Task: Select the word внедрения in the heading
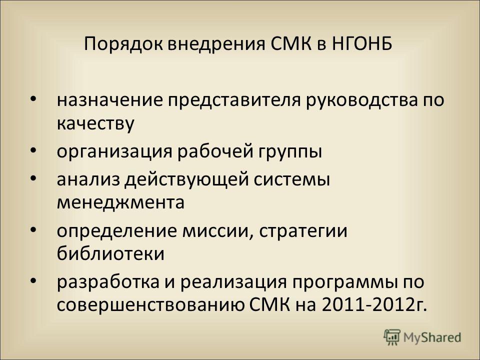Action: pos(216,44)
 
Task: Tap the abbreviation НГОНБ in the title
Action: pos(362,43)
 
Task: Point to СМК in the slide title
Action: pos(291,43)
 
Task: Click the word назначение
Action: pos(110,100)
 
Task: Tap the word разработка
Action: pos(108,281)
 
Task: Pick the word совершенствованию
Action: pos(150,305)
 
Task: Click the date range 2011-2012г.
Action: pos(374,304)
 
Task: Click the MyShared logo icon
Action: pos(392,337)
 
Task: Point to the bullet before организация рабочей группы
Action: pos(33,150)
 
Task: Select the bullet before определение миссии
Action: pos(33,229)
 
